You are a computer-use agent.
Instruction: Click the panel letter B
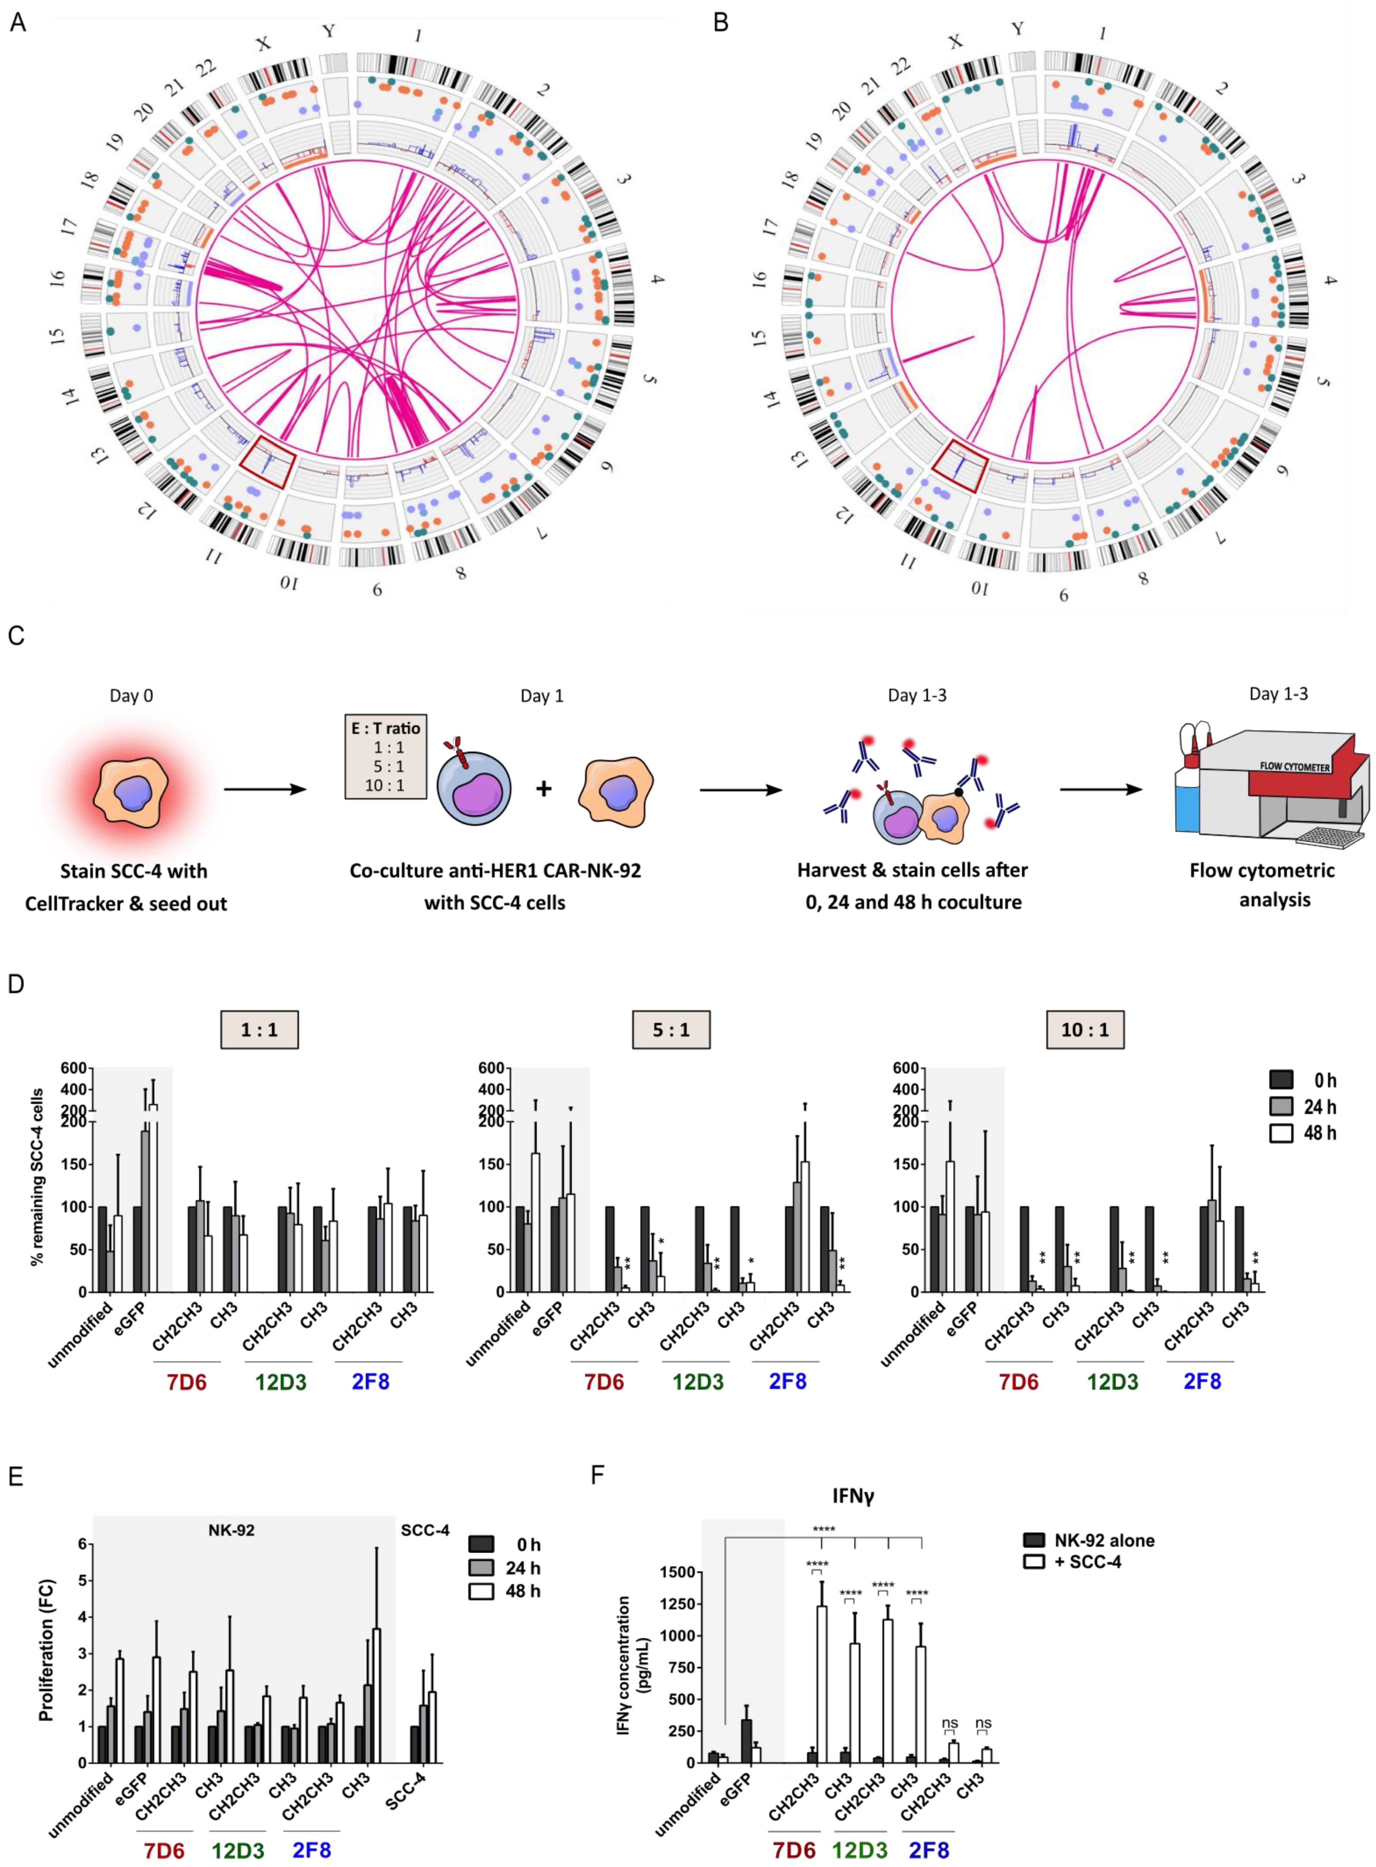tap(721, 22)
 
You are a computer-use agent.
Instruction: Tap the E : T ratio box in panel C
tap(386, 756)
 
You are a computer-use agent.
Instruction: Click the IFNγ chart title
tap(854, 1496)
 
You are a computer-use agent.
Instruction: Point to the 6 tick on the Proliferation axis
tap(82, 1544)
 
